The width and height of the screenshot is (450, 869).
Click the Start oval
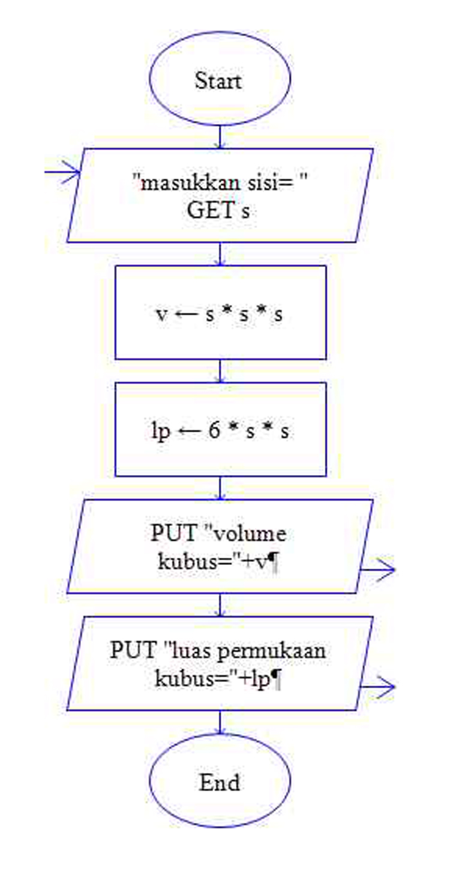(220, 80)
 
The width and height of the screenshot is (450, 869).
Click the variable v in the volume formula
(161, 314)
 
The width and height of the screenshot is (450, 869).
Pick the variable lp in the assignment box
(161, 432)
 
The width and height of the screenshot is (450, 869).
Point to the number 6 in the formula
(215, 431)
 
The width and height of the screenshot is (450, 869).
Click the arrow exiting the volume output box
(378, 570)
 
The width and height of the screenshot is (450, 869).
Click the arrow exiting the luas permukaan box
(378, 687)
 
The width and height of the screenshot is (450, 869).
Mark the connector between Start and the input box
(220, 136)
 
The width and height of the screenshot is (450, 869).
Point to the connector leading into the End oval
(220, 722)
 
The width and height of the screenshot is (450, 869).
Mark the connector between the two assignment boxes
(220, 371)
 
